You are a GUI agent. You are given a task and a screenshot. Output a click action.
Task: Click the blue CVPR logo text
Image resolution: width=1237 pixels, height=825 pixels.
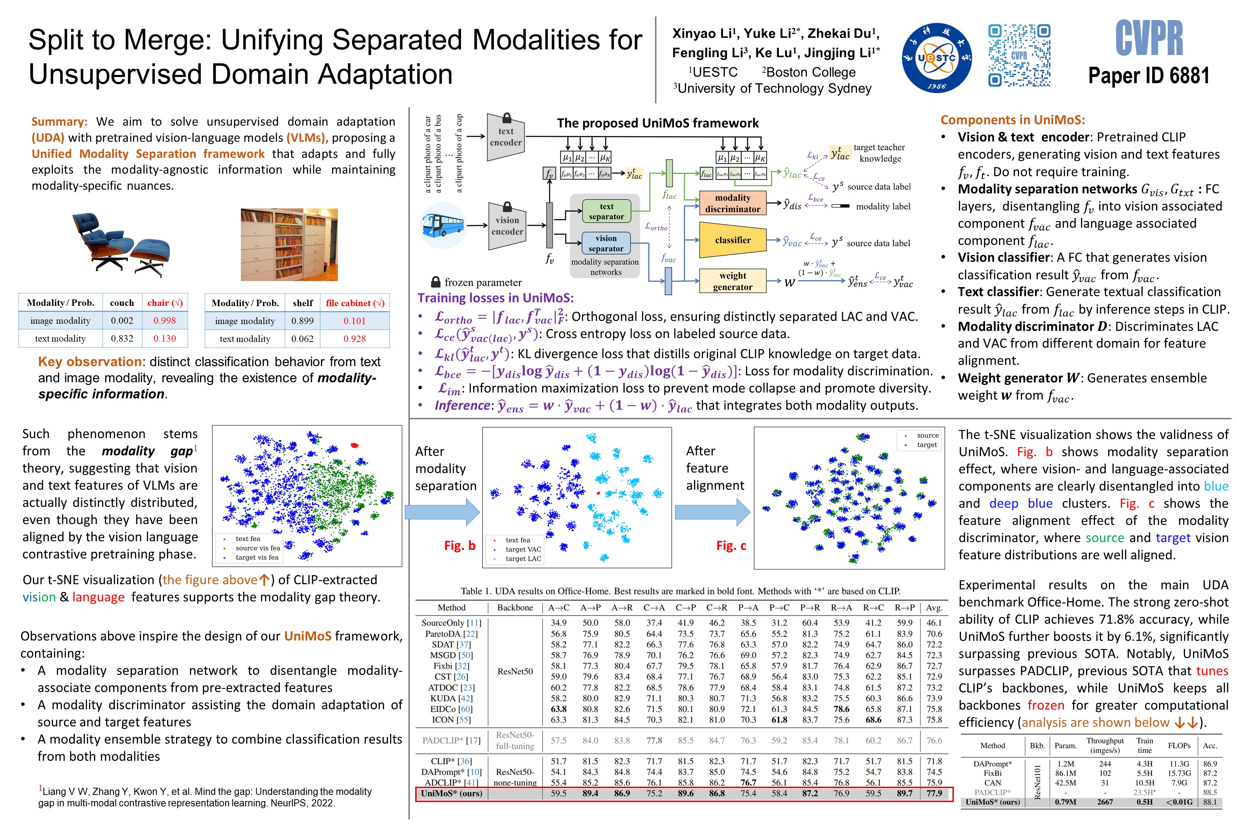coord(1149,38)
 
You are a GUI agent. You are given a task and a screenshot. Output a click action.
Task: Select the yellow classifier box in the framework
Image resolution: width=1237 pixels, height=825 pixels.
coord(733,240)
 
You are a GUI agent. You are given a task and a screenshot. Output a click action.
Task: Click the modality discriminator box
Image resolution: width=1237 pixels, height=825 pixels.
coord(733,203)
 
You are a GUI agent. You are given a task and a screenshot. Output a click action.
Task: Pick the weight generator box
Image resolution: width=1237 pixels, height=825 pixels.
coord(733,281)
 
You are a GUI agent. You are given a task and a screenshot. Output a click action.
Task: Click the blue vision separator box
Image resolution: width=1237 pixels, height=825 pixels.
coord(606,243)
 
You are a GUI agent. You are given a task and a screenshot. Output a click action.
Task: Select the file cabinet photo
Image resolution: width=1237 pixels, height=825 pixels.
coord(289,244)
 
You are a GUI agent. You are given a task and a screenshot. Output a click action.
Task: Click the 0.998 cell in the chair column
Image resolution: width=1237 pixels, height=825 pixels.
coord(165,320)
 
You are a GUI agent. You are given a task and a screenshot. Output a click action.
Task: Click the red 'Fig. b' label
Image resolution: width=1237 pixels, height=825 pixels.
coord(460,546)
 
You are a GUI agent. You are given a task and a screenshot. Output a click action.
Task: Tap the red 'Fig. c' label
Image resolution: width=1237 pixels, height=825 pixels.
coord(731,546)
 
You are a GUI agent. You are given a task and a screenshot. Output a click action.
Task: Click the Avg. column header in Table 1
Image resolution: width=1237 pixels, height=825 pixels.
coord(934,608)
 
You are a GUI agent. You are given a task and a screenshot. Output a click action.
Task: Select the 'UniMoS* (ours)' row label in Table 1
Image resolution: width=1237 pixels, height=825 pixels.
coord(451,793)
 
